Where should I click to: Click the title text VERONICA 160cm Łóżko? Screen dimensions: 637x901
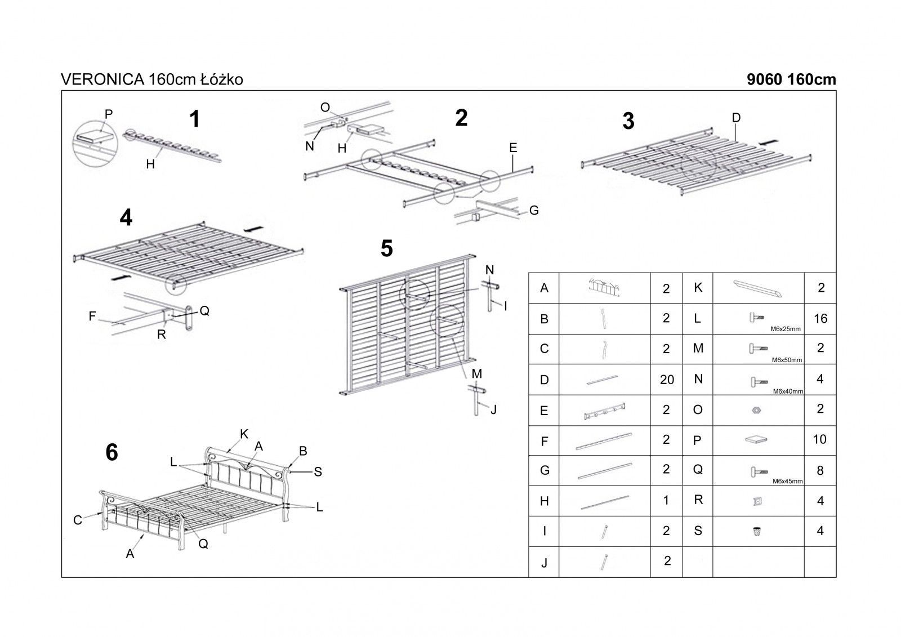coord(151,80)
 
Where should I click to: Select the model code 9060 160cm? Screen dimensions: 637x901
coord(791,80)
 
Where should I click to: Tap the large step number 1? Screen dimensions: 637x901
coord(195,119)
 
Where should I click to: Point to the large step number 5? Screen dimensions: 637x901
coord(387,248)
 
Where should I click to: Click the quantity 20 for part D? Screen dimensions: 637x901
coord(667,380)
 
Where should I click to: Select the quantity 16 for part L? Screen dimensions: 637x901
coord(820,318)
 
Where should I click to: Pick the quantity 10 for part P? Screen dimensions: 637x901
coord(820,439)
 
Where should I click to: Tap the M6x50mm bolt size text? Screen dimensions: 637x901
coord(787,360)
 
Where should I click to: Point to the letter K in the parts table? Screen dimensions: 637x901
coord(698,287)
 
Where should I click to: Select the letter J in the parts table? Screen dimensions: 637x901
coord(544,562)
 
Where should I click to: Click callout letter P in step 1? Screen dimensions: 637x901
coord(109,114)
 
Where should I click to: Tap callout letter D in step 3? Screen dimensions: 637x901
coord(736,118)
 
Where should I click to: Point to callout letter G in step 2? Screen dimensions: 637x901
coord(534,210)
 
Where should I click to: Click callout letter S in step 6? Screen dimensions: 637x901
coord(318,472)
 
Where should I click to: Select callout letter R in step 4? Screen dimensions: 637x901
coord(162,334)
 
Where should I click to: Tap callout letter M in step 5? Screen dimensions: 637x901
coord(476,373)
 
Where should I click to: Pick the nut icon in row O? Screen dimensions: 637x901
coord(756,411)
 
